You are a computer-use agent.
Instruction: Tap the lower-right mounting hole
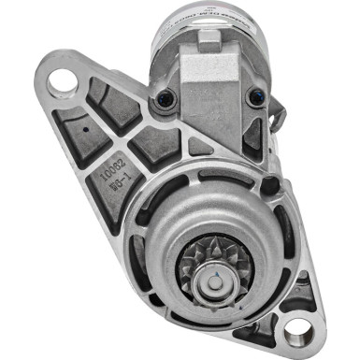point(298,328)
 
